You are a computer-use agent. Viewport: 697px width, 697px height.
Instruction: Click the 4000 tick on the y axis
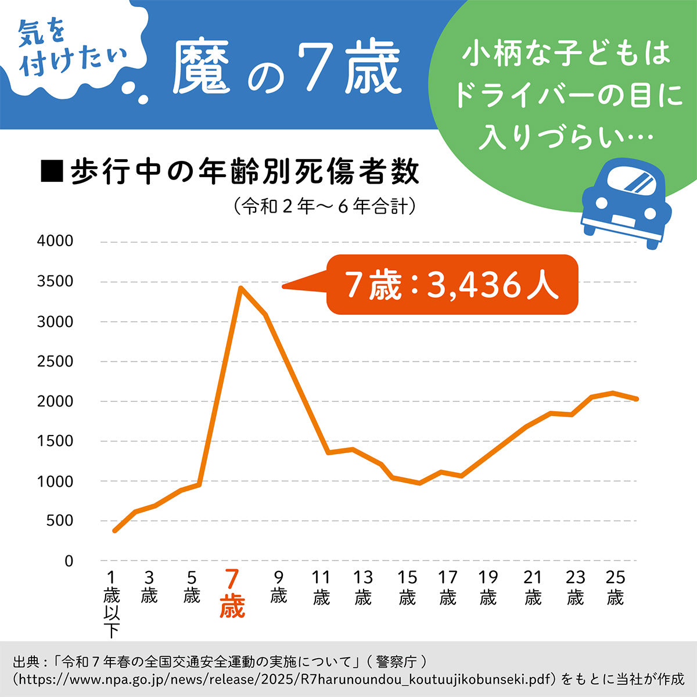click(55, 241)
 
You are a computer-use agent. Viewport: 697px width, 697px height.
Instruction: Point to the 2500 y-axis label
click(55, 361)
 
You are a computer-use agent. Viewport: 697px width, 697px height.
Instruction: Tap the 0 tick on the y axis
click(69, 561)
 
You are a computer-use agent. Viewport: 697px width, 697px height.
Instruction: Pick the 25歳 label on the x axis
click(615, 587)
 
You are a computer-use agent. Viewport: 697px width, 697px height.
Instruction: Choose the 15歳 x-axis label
click(407, 587)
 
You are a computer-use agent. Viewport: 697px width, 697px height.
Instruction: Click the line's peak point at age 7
click(240, 288)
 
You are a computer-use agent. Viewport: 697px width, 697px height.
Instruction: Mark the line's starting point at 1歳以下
click(114, 531)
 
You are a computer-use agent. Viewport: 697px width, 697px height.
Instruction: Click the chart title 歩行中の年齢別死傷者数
click(244, 172)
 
